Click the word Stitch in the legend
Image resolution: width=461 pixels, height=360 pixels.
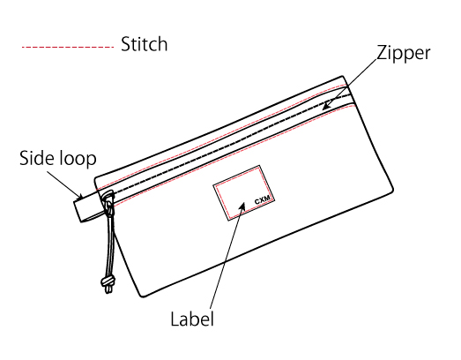pos(144,44)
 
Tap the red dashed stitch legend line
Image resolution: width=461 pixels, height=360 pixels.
pos(68,47)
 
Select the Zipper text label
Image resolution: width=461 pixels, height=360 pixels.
pos(404,54)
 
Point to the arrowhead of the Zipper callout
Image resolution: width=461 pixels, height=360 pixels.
pos(327,106)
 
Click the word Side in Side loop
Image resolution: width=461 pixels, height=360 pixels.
pos(37,158)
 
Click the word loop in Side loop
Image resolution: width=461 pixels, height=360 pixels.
pos(78,159)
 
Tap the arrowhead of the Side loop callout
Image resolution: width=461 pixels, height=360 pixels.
pos(79,196)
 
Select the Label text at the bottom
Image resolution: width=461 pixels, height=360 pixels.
pos(192,319)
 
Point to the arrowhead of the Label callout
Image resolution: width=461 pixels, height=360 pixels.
pos(242,206)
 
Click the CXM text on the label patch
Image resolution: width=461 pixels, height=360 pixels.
pos(263,200)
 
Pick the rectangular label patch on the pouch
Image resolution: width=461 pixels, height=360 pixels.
pos(244,193)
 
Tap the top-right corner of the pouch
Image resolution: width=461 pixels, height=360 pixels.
pos(343,77)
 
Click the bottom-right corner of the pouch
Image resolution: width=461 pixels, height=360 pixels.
pos(392,191)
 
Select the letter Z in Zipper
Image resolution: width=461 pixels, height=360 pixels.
pos(382,53)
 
